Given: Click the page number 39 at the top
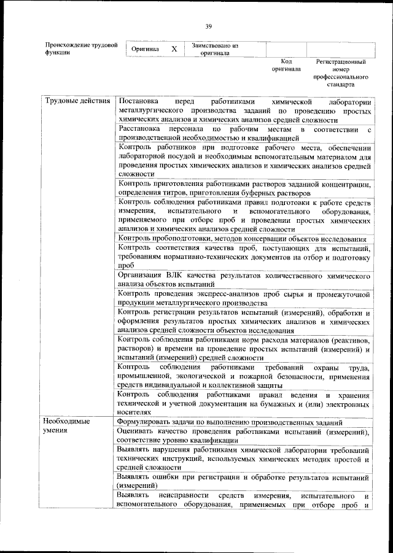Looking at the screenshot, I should coord(209,26).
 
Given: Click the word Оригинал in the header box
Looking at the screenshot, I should coord(146,49).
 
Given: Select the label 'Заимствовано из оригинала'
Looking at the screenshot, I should coord(214,49).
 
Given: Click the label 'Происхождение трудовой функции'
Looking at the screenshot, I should coord(81,49).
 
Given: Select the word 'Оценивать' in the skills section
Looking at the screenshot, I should coord(138,431).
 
